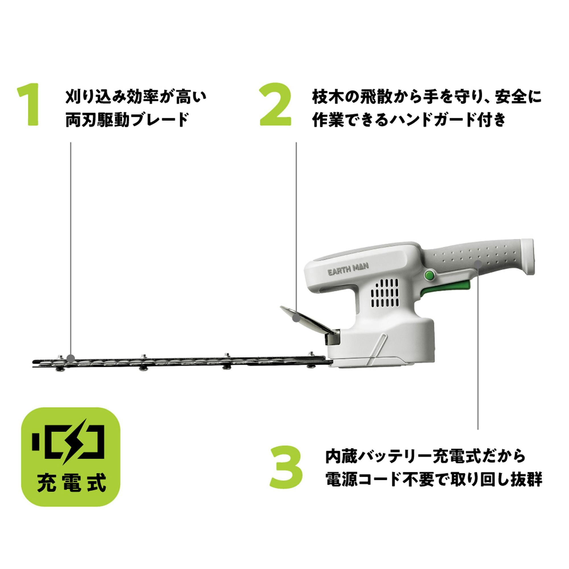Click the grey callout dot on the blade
pos(70,358)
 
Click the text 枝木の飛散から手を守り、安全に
pos(427,97)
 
